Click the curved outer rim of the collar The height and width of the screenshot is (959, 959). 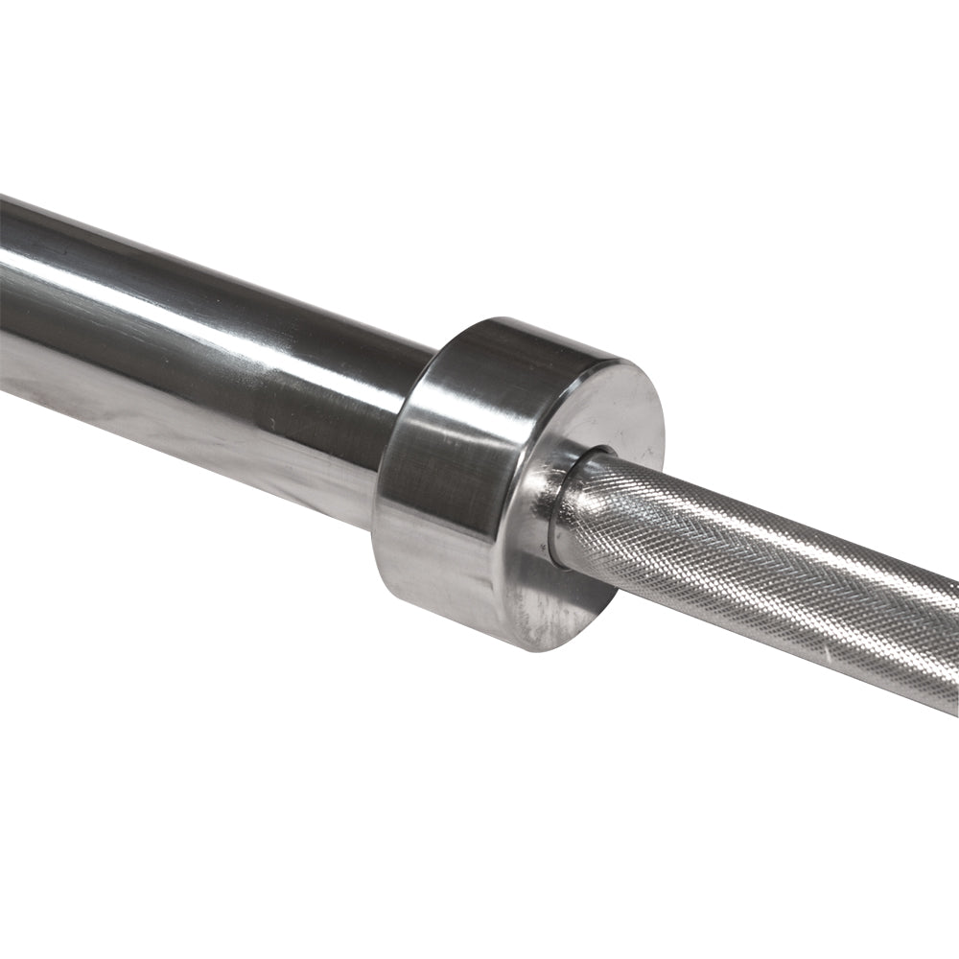[x=451, y=460]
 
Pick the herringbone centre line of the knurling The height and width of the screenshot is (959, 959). [x=748, y=556]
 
